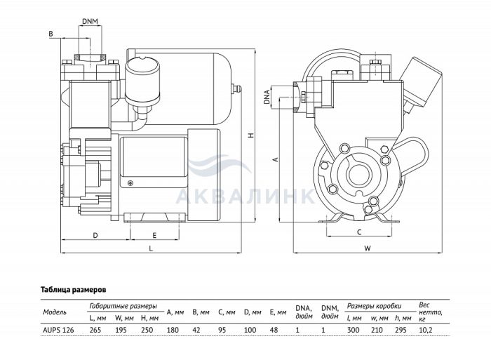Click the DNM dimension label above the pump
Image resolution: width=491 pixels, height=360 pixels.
click(90, 22)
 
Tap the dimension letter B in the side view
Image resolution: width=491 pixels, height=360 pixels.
click(51, 33)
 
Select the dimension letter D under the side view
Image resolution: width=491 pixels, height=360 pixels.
click(95, 235)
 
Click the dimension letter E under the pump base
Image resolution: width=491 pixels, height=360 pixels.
click(154, 235)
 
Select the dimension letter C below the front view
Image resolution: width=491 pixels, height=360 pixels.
click(358, 232)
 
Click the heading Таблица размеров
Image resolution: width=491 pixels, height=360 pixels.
click(74, 289)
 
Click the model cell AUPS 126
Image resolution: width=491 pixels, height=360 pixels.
click(58, 328)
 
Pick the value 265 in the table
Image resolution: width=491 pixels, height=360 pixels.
click(97, 328)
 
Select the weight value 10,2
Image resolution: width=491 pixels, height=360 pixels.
click(427, 328)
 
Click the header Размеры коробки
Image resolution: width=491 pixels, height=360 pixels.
click(375, 306)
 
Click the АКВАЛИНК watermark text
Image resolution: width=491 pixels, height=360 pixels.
click(245, 196)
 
